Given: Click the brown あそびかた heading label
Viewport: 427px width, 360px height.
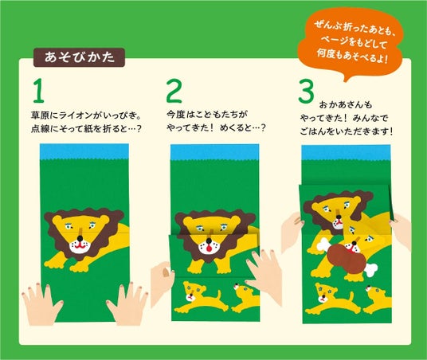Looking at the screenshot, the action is click(x=79, y=57).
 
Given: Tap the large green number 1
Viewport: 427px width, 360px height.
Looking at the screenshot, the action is click(x=38, y=91).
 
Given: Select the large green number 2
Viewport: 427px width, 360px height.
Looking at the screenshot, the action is click(x=174, y=91).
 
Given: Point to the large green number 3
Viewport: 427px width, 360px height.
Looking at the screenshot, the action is click(x=306, y=91).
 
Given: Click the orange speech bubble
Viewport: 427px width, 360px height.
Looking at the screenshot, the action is click(x=351, y=44).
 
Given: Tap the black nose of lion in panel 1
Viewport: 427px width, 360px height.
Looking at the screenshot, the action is click(x=80, y=239).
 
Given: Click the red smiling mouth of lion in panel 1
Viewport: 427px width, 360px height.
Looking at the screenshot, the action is click(x=79, y=246).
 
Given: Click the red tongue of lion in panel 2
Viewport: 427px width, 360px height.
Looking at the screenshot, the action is click(x=209, y=248).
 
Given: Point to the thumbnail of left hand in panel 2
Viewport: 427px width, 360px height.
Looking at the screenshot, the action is click(x=165, y=273).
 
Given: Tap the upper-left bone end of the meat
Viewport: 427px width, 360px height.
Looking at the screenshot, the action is click(x=323, y=245).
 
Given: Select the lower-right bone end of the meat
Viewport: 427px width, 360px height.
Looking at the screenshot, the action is click(x=370, y=269).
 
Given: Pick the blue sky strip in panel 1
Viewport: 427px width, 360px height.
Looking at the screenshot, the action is click(x=84, y=151).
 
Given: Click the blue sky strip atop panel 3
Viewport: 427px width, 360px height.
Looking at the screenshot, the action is click(x=346, y=153).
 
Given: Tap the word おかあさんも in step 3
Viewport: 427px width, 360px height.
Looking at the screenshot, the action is click(x=345, y=104).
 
